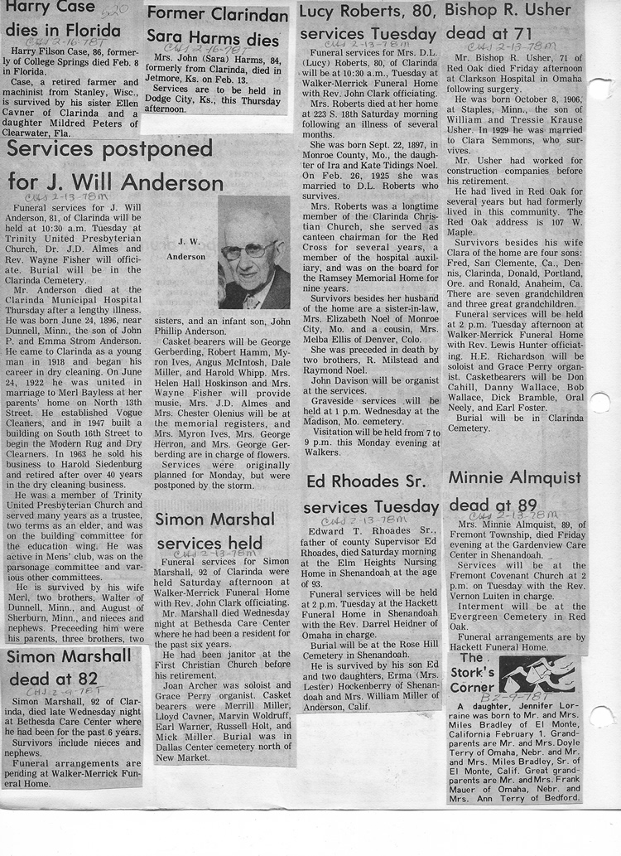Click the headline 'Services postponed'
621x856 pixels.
tap(110, 150)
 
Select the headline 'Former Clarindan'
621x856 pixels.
tap(217, 14)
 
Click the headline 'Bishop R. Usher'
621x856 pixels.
tap(508, 11)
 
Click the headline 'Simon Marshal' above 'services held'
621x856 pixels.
tap(214, 520)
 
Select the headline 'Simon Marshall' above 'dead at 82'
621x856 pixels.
tap(69, 656)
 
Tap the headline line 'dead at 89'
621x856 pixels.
tap(493, 504)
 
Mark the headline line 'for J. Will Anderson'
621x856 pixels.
tap(116, 183)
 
